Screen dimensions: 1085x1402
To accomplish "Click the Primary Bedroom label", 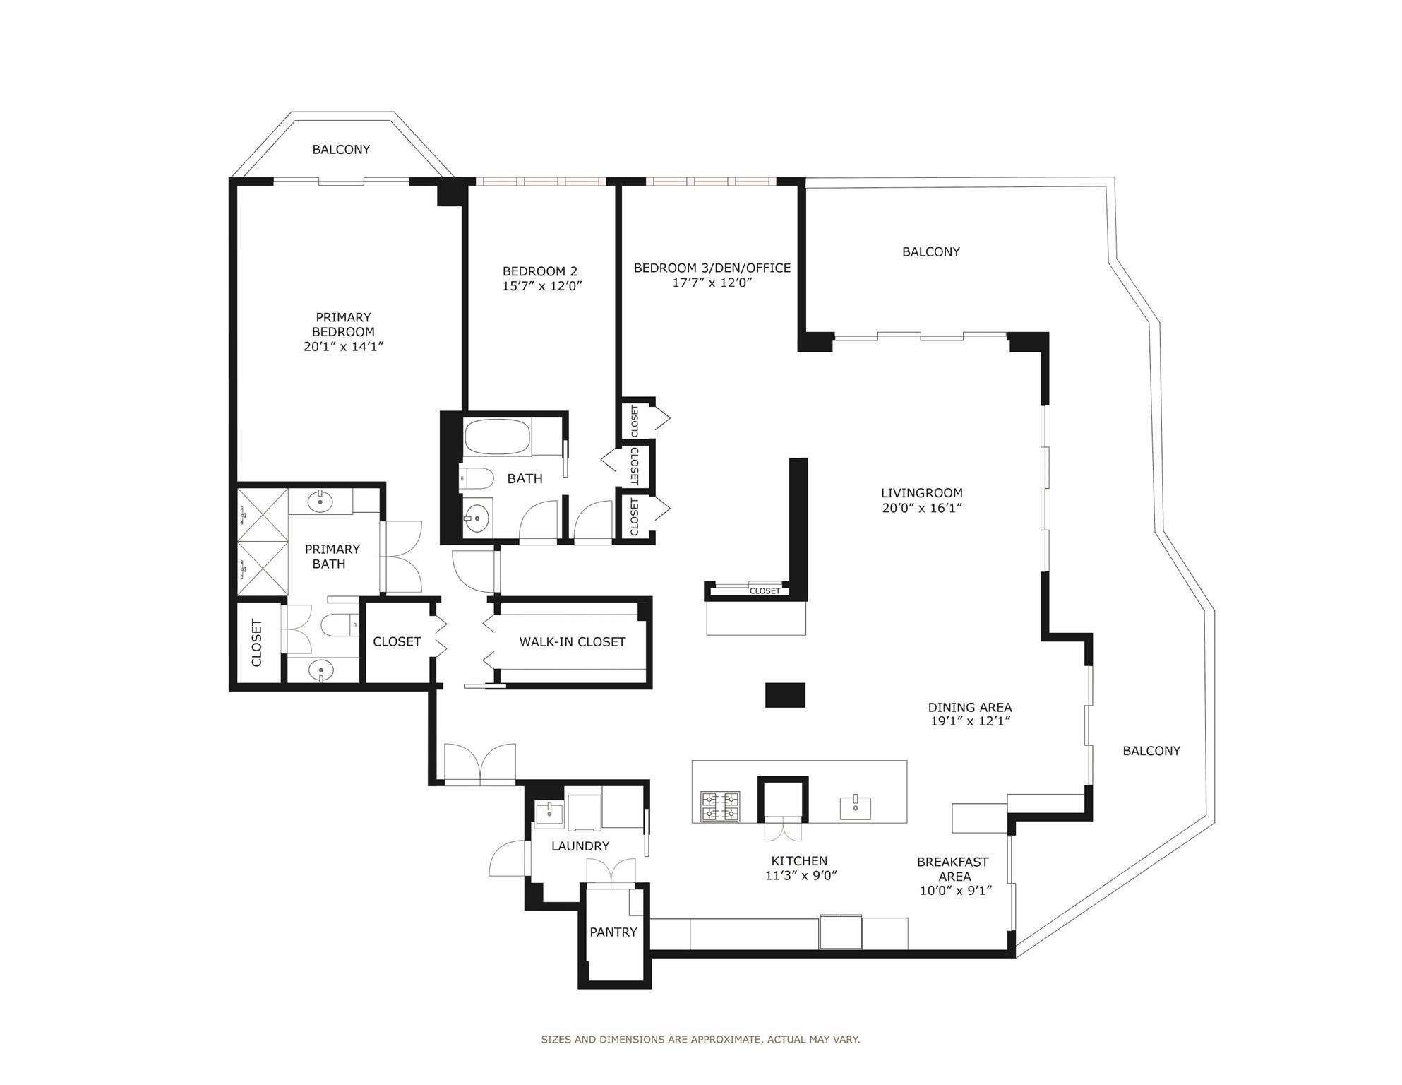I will [x=343, y=325].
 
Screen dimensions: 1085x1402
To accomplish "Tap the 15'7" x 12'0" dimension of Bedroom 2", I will [x=541, y=286].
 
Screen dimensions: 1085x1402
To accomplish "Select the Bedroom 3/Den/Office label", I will [x=712, y=268].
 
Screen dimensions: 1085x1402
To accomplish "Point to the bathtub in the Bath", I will [x=497, y=438].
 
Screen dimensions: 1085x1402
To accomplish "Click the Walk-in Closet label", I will [x=572, y=642].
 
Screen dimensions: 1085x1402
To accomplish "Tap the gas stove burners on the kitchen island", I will [x=720, y=807].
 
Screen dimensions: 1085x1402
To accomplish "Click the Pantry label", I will [x=613, y=932].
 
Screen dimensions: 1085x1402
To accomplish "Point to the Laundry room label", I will [x=580, y=846].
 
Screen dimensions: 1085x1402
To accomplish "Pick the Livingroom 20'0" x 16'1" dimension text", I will [x=922, y=508].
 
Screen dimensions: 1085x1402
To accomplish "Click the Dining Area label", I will [x=969, y=707].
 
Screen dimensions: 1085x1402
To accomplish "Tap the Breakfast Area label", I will [x=952, y=869].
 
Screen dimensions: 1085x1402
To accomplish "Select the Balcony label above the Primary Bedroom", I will [x=341, y=150].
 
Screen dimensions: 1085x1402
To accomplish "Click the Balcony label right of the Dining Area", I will [x=1151, y=751].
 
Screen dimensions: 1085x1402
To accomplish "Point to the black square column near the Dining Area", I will [x=785, y=695].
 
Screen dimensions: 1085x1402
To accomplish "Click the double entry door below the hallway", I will [x=480, y=764].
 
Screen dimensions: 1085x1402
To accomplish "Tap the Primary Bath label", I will [x=331, y=557].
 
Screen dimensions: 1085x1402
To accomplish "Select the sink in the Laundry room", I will [x=549, y=813].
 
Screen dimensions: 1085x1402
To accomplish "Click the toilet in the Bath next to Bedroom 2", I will [x=477, y=479].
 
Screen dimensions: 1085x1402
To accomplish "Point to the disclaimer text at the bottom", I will [x=700, y=1039].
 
